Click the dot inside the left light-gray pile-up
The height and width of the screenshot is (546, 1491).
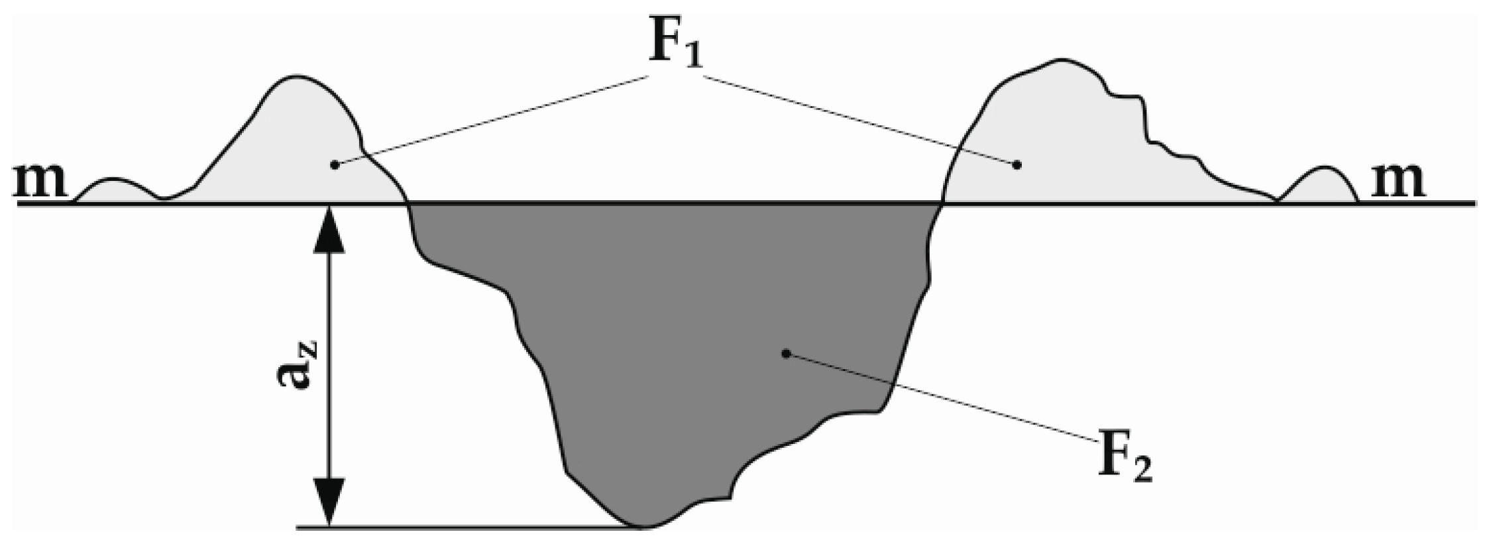(x=335, y=164)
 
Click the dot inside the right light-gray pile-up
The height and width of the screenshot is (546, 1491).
(x=1017, y=164)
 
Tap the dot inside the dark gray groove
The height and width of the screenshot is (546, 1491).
(x=786, y=354)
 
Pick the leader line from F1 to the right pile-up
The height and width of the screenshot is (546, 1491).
(x=861, y=120)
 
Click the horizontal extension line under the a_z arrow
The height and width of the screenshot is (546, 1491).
(x=464, y=528)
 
